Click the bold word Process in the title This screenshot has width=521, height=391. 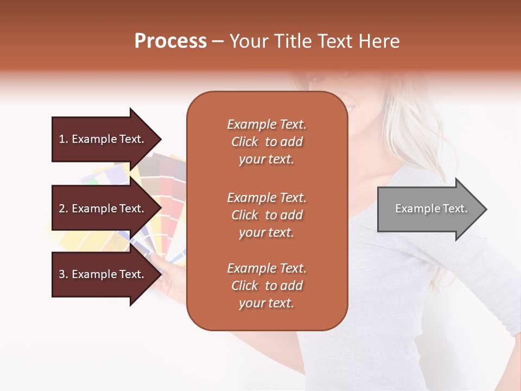coord(170,41)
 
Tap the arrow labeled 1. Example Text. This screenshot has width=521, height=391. coord(103,139)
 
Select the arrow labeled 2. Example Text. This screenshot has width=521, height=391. coord(103,209)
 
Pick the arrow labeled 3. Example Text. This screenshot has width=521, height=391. coord(103,274)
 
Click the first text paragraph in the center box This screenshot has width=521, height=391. coord(266,142)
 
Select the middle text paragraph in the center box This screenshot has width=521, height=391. coord(266,215)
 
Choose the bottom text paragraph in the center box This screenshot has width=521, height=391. coord(266,286)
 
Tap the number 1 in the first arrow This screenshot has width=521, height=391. coord(62,139)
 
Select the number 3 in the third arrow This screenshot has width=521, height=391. coord(62,274)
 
